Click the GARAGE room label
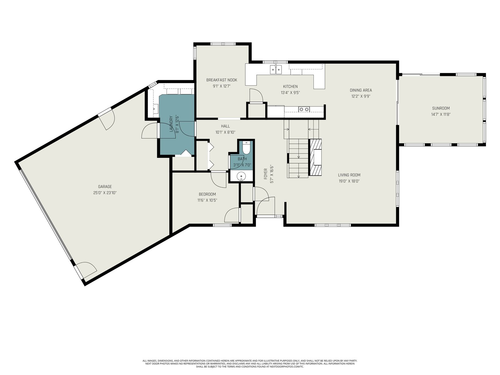coord(105,187)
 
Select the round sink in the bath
coord(241,176)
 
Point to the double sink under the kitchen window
coord(276,69)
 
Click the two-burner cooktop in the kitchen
coord(304,109)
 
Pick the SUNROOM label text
coord(441,108)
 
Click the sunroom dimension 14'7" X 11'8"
coord(441,114)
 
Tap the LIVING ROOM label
coord(349,175)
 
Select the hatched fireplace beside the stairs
coord(315,157)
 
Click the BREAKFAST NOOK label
coord(222,80)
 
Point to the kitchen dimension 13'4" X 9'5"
coord(290,93)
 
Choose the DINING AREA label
coord(361,90)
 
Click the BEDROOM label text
coord(207,194)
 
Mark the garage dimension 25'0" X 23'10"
coord(105,193)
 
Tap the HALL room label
coord(225,126)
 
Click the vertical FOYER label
coord(265,174)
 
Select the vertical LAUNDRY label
coord(171,124)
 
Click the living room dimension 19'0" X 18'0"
coord(349,181)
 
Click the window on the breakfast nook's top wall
coord(222,44)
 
